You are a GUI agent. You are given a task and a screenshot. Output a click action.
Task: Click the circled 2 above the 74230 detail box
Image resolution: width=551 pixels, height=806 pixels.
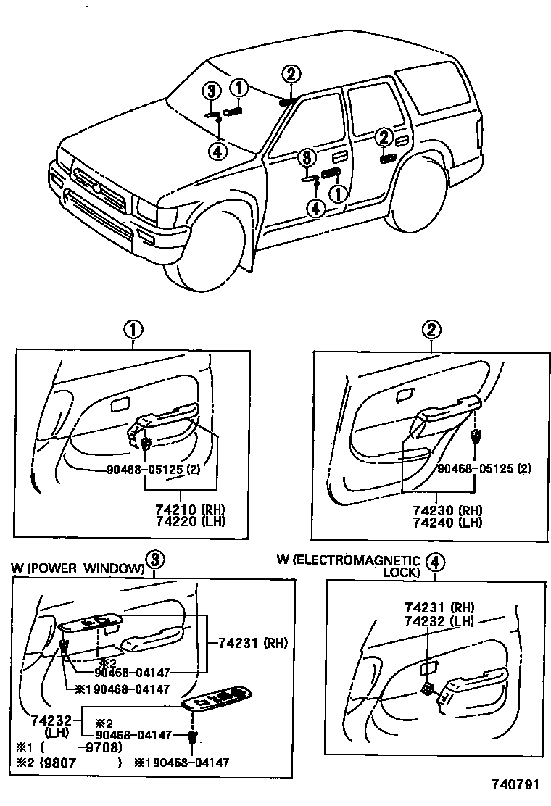point(431,331)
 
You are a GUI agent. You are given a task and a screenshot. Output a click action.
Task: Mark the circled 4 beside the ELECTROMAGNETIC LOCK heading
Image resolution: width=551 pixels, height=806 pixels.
point(435,561)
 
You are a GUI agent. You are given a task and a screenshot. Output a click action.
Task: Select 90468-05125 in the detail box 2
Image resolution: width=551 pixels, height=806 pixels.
point(473,469)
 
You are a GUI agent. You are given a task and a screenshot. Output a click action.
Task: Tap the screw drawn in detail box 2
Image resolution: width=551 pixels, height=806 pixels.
point(476,436)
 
